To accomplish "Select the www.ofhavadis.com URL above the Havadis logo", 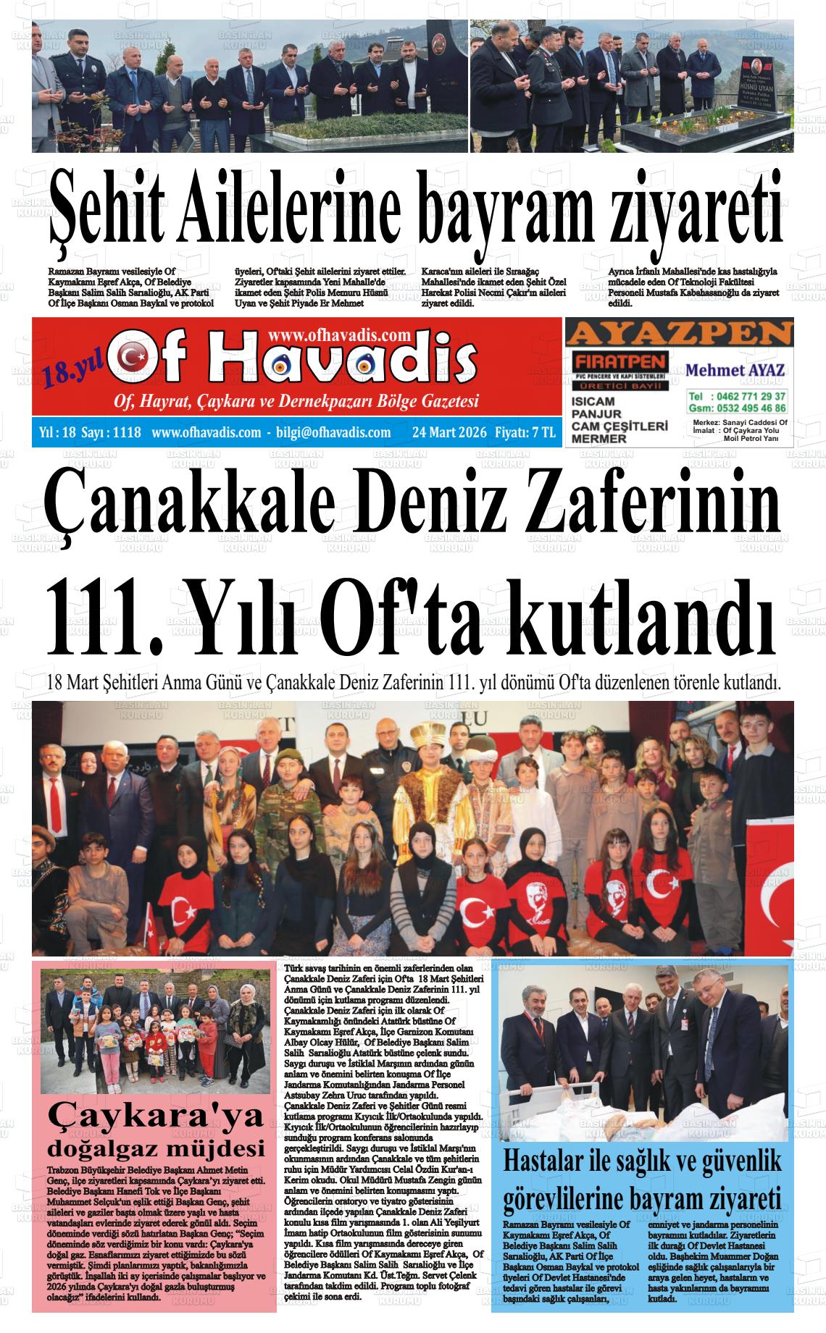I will [x=339, y=335].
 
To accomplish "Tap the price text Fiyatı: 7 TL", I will [x=525, y=433].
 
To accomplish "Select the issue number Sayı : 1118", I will [x=111, y=433].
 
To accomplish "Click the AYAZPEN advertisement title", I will [x=679, y=334].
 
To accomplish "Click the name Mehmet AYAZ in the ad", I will [x=735, y=370].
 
